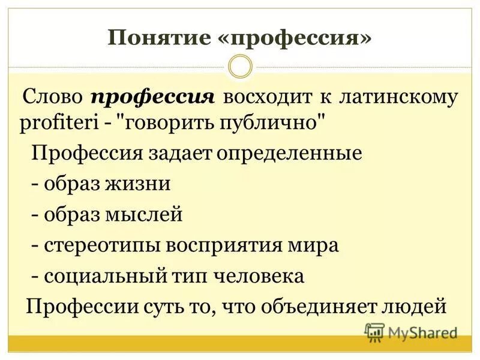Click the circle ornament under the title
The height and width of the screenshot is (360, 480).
[x=240, y=66]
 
